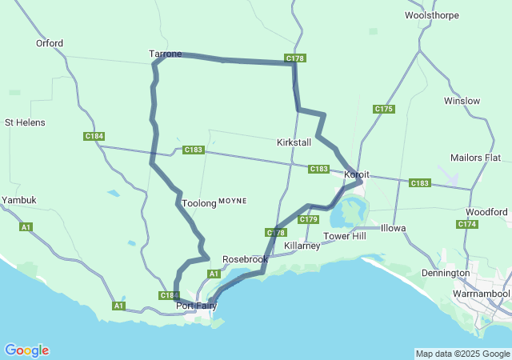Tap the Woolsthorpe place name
coord(432,15)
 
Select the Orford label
coord(50,43)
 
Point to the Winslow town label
coord(462,101)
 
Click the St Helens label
coord(25,122)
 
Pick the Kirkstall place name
coord(294,141)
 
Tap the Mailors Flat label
coord(475,157)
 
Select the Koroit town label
coord(356,174)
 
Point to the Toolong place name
coord(199,203)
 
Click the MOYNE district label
coord(233,200)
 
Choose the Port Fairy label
coord(196,306)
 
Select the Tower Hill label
coord(344,236)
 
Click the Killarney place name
coord(302,246)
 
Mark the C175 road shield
coord(383,109)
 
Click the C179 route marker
coord(309,219)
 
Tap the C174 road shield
coord(467,224)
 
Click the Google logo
coord(26,350)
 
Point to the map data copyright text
coord(462,354)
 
